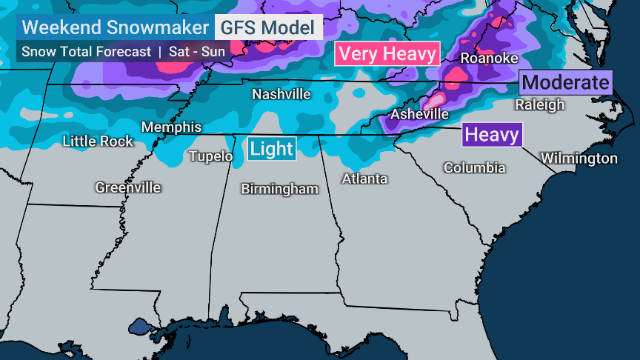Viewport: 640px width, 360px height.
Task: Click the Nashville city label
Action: tap(281, 95)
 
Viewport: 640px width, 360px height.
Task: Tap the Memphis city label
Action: tap(171, 127)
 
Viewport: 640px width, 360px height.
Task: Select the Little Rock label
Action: tap(98, 141)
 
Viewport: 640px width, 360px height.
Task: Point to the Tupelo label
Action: tap(211, 156)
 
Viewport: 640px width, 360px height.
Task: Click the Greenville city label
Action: tap(127, 188)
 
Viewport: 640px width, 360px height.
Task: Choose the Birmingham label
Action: tap(279, 190)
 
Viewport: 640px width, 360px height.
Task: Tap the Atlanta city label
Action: tap(364, 179)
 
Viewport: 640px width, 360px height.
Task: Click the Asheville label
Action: tap(419, 115)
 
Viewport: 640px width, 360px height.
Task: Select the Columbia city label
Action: tap(474, 168)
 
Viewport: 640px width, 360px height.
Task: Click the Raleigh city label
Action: tap(539, 105)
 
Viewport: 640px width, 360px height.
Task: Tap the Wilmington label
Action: tap(579, 159)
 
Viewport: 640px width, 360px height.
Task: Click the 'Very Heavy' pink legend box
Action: tap(387, 54)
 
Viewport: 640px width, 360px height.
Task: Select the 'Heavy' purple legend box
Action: tap(492, 135)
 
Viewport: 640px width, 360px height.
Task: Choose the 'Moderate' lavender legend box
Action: tap(566, 82)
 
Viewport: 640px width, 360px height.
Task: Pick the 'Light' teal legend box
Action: tap(272, 149)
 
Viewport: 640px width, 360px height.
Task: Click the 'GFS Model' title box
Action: tap(268, 27)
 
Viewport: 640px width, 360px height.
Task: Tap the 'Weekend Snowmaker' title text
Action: tap(115, 27)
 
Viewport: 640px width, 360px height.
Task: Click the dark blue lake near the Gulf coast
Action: tap(140, 326)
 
